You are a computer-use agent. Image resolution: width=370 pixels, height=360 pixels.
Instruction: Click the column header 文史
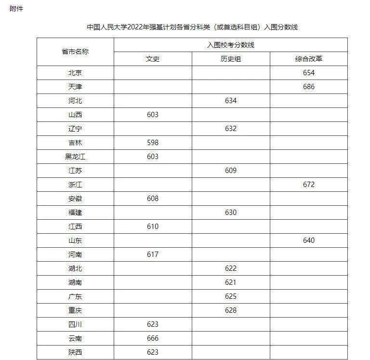pos(152,59)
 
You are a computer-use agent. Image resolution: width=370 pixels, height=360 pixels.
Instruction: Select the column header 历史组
pos(231,59)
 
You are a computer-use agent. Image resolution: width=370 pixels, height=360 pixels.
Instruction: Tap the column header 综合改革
pos(309,59)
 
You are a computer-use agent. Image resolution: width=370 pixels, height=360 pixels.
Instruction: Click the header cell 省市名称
pos(75,52)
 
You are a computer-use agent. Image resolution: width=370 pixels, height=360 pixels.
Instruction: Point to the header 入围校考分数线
pos(230,45)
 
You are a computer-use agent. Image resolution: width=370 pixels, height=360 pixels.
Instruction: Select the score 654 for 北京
pos(309,73)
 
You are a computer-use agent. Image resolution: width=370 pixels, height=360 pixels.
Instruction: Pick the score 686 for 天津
pos(309,87)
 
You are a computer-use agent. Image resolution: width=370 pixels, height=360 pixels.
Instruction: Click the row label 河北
pos(75,101)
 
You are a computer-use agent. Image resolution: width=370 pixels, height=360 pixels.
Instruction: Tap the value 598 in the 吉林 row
pos(152,143)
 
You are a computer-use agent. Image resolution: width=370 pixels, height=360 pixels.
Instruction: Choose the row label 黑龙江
pos(75,157)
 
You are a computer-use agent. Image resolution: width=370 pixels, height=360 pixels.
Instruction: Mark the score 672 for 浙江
pos(309,185)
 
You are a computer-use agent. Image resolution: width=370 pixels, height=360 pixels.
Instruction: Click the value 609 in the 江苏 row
pos(231,171)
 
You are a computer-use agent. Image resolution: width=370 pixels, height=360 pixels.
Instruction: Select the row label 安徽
pos(75,199)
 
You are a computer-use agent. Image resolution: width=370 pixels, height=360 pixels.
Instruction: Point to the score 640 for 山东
pos(309,240)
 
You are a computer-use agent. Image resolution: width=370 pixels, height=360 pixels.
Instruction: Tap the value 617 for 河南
pos(152,254)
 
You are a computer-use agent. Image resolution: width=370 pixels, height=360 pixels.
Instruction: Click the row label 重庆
pos(75,310)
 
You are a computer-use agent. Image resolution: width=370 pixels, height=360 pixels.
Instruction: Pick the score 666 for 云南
pos(152,338)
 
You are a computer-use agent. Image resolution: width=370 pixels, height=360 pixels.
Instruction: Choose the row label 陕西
pos(75,352)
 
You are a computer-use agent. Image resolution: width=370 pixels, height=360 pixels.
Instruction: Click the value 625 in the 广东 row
pos(231,296)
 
